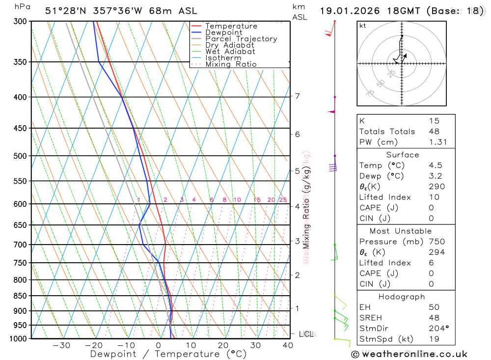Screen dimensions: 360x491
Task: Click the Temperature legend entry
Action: click(231, 26)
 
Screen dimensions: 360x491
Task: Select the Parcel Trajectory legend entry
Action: click(241, 39)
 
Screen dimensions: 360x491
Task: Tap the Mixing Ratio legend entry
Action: click(231, 64)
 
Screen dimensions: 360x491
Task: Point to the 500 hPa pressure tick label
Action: click(20, 156)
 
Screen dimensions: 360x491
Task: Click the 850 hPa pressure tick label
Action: click(20, 296)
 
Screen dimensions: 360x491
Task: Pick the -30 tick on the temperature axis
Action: click(61, 345)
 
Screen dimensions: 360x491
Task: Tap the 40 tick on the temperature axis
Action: click(288, 345)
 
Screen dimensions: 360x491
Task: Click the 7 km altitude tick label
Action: click(298, 96)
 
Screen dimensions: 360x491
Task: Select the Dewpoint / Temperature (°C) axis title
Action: click(168, 354)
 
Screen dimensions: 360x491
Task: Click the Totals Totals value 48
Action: click(434, 131)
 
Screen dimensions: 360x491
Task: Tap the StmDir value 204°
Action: click(436, 328)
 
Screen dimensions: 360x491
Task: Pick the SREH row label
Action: click(371, 317)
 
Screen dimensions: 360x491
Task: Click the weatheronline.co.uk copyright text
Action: click(409, 354)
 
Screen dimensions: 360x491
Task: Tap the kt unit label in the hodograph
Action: click(363, 26)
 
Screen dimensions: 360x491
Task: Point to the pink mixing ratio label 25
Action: click(283, 200)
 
